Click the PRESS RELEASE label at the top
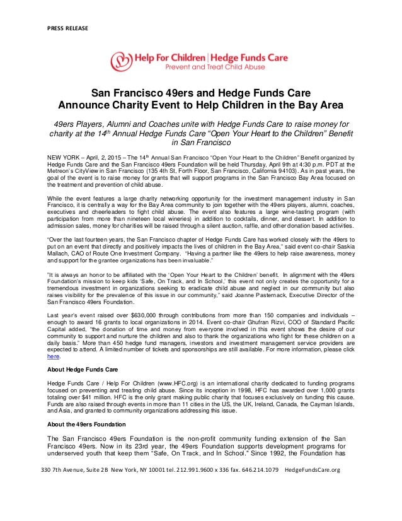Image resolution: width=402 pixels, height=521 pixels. click(68, 28)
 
